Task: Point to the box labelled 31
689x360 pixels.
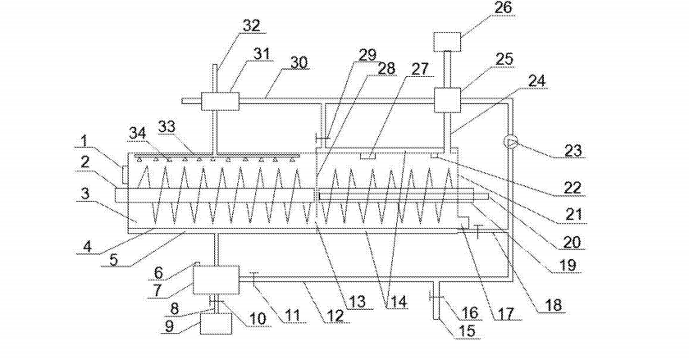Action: [x=219, y=103]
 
